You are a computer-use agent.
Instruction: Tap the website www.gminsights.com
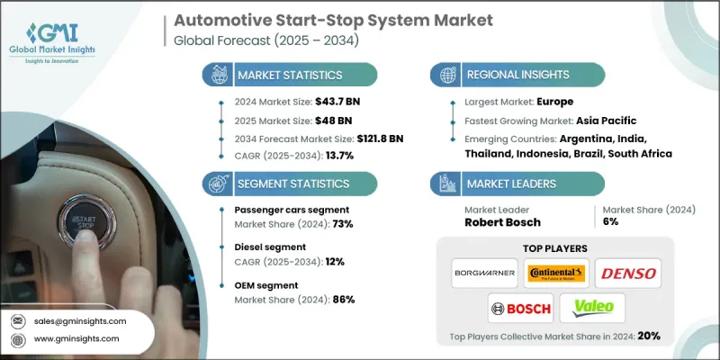tap(76, 338)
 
